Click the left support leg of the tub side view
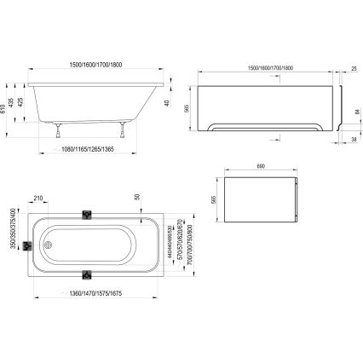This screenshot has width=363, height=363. pos(59,130)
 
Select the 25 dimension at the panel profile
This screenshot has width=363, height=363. pos(352,67)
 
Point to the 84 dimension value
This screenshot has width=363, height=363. pos(354,111)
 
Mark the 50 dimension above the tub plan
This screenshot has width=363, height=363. pos(135,197)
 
